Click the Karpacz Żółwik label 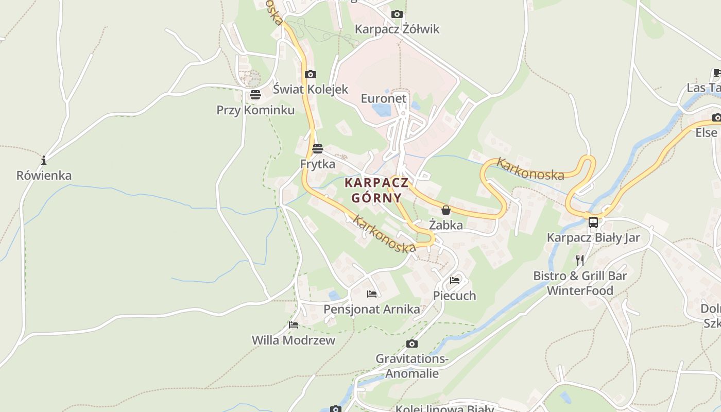click(397, 29)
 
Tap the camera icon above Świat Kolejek click(310, 74)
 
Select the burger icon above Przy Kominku click(255, 95)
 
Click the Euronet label click(383, 98)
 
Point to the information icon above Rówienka click(44, 160)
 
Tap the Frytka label click(317, 164)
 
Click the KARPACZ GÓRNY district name click(376, 190)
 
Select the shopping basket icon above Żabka click(446, 210)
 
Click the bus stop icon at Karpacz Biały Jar click(593, 222)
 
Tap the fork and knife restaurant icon click(580, 260)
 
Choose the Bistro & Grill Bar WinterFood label click(580, 283)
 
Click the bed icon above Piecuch click(455, 281)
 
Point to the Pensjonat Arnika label click(371, 310)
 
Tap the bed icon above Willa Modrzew click(294, 325)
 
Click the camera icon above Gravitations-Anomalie click(411, 344)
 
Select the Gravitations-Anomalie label click(412, 366)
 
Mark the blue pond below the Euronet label click(381, 110)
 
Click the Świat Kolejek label click(311, 89)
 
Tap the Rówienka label click(44, 176)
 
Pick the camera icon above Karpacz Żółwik click(397, 14)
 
